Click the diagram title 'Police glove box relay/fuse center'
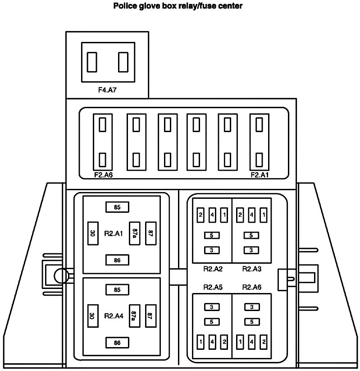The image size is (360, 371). click(178, 6)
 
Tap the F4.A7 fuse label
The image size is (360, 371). click(108, 90)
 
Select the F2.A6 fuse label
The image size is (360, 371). click(103, 175)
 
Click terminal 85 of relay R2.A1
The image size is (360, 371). click(117, 207)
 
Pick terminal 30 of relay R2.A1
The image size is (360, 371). click(92, 233)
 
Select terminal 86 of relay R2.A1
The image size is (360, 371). click(117, 260)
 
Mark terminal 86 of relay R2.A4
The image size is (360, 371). click(117, 343)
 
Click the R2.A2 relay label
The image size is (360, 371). click(213, 269)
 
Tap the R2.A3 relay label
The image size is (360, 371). click(252, 269)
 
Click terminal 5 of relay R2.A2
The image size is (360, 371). click(212, 235)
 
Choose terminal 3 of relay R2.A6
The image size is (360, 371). click(251, 307)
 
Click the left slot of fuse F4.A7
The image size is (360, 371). click(92, 62)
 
